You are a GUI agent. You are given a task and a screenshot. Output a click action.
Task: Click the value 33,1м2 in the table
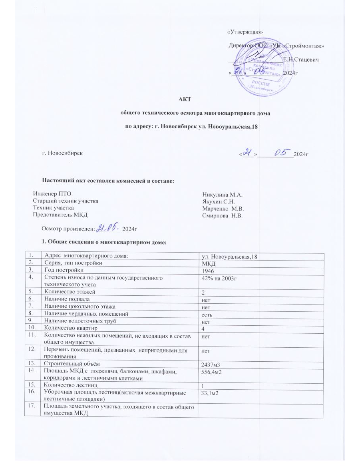click(x=212, y=393)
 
